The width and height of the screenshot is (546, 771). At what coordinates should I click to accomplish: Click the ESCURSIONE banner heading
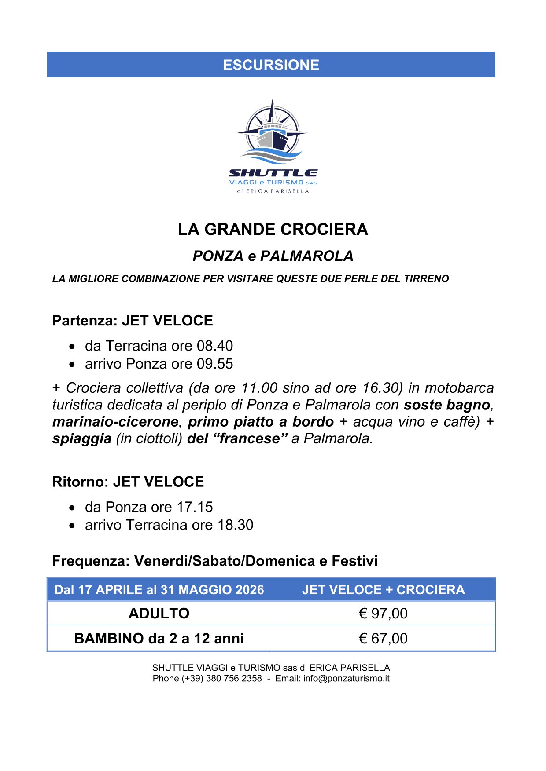pyautogui.click(x=271, y=65)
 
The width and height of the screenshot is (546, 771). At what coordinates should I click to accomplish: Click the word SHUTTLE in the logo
pyautogui.click(x=273, y=173)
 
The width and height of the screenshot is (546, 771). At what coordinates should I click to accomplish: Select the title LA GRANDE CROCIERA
pyautogui.click(x=273, y=230)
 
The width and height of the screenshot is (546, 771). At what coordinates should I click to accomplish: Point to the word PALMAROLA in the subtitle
pyautogui.click(x=306, y=256)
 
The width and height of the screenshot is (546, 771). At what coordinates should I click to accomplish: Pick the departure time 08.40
pyautogui.click(x=215, y=346)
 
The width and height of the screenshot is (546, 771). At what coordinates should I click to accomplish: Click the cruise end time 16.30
pyautogui.click(x=379, y=388)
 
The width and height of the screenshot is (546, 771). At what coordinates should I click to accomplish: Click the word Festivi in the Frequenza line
pyautogui.click(x=354, y=561)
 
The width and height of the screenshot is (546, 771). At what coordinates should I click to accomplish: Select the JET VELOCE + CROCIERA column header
pyautogui.click(x=383, y=590)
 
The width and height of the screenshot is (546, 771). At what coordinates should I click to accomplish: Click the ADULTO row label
pyautogui.click(x=159, y=614)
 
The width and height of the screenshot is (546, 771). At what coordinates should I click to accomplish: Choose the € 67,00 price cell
pyautogui.click(x=383, y=639)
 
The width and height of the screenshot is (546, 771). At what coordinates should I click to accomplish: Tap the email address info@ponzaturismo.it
pyautogui.click(x=346, y=679)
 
